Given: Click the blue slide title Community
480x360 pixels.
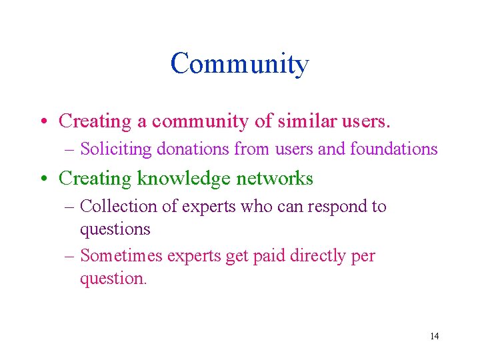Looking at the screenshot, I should point(239,65).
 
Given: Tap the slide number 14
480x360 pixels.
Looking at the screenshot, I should point(434,336).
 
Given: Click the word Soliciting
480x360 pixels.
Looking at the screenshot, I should point(115,149).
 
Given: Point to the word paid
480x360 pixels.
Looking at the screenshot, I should point(268,256).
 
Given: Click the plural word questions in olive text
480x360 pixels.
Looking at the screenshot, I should point(115,229).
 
